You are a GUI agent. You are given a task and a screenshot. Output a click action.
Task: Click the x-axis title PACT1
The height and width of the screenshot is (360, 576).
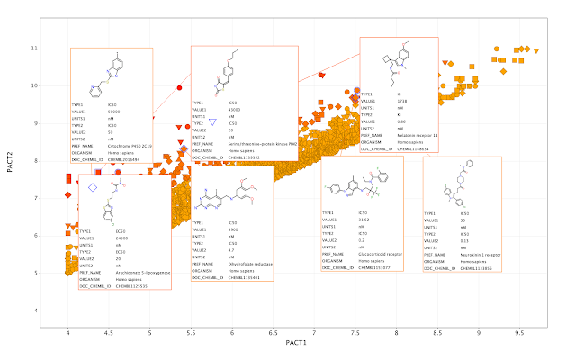(x=296, y=344)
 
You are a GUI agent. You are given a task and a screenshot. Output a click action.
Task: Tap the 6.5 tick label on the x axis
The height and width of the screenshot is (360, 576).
(x=274, y=333)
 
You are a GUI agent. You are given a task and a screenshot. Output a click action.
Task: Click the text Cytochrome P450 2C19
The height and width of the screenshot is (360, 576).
(x=130, y=146)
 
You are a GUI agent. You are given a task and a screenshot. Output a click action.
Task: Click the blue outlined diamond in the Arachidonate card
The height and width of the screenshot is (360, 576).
(x=94, y=187)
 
